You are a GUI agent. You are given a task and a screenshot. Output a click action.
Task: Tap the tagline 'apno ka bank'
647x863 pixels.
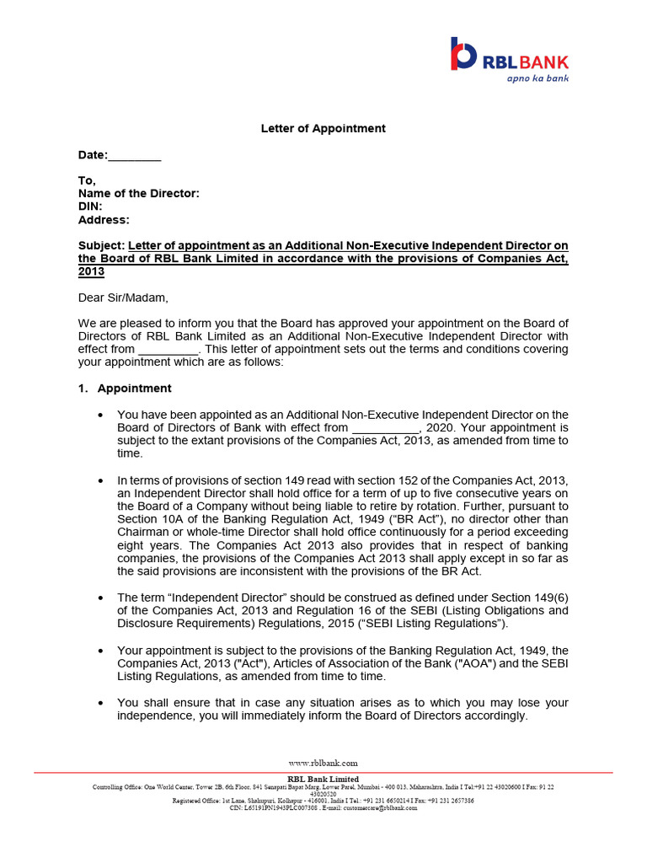(537, 78)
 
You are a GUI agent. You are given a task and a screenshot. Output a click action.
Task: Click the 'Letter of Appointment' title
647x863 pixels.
(323, 128)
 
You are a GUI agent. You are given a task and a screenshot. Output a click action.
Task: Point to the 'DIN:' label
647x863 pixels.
(90, 206)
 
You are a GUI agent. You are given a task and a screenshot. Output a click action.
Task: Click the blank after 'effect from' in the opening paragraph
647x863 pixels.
(168, 349)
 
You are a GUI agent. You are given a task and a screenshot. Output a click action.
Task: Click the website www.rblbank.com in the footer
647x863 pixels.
(323, 763)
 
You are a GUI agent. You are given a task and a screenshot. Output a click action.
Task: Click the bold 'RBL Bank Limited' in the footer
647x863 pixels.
(323, 779)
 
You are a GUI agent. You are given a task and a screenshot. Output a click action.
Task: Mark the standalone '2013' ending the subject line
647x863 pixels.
(91, 272)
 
